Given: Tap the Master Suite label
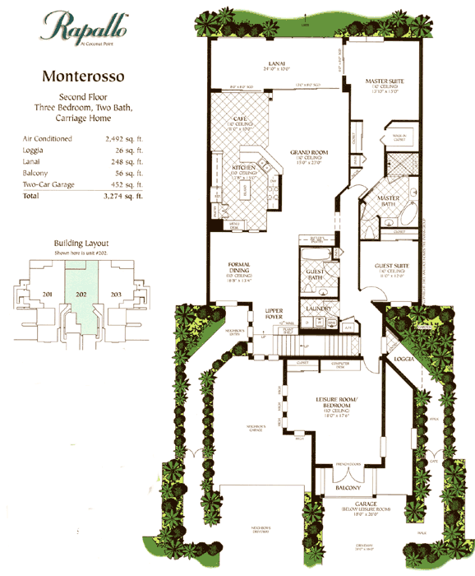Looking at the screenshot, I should pyautogui.click(x=381, y=81).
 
